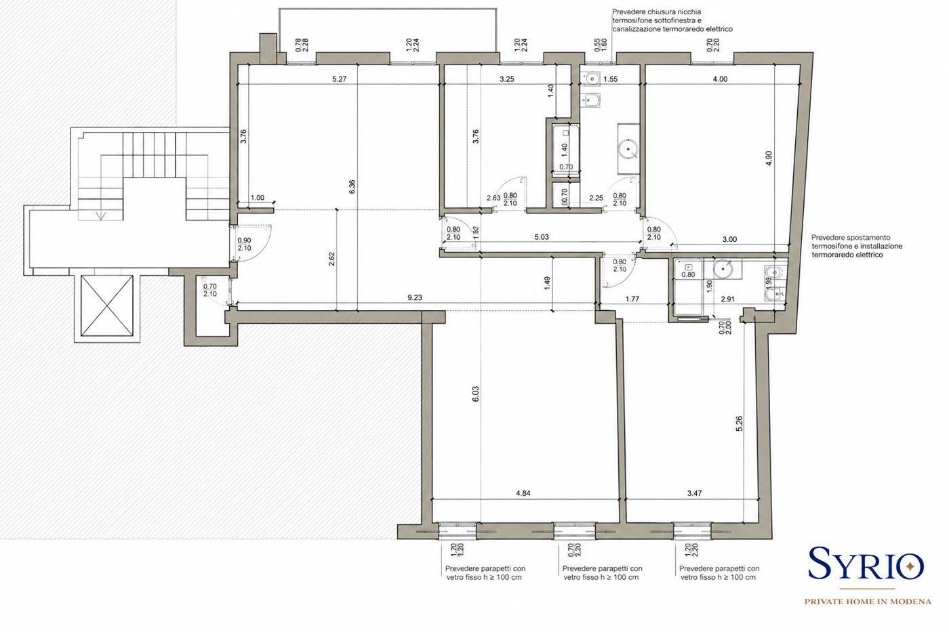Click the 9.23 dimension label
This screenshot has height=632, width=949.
pos(415,297)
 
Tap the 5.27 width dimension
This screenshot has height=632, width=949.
pos(340,79)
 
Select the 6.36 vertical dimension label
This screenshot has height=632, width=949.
pos(352,187)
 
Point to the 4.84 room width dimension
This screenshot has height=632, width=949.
pos(523,493)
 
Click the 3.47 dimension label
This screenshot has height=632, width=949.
pos(694,493)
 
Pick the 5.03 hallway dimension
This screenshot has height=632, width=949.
pos(542,237)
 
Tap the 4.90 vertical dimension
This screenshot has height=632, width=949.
pos(769,159)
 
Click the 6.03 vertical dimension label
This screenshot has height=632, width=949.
pos(476,394)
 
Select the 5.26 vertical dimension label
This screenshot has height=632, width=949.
pos(740,424)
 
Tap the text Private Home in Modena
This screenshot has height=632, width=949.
pos(868,602)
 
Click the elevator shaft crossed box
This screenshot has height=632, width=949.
pos(107,306)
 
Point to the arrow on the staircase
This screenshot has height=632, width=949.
pos(101,216)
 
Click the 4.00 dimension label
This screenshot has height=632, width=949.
pos(720,79)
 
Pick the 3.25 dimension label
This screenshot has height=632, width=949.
pos(507,79)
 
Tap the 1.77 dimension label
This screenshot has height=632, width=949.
pos(632,299)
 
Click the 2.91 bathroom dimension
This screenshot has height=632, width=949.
pos(727,299)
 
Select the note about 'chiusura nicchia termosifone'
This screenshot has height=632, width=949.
pos(672,20)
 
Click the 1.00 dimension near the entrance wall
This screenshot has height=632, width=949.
pos(257,198)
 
